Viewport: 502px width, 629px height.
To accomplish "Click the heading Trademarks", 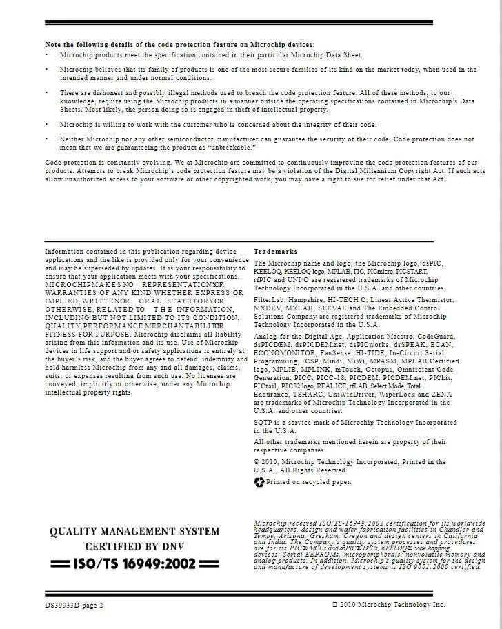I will coord(275,252).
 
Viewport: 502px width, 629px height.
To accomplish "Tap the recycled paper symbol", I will coord(259,482).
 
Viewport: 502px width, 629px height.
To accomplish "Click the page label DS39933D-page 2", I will coord(70,605).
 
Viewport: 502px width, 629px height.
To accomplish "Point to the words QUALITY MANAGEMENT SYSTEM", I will coord(134,531).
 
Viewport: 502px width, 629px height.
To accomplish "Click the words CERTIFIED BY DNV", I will coord(134,547).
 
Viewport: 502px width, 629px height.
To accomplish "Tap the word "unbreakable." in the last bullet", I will coord(236,148).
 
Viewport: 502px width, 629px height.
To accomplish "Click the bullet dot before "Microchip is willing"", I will coord(47,125).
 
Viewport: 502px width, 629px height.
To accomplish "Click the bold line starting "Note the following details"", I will coord(179,45).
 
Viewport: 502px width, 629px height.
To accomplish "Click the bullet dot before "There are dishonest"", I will coord(47,92).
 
